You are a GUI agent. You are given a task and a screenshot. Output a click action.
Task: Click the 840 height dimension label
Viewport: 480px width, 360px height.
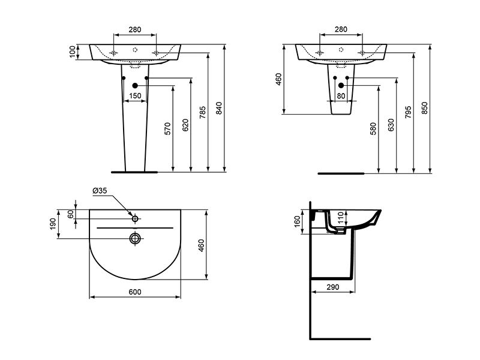218,109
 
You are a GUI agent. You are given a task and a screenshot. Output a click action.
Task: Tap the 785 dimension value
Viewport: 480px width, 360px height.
202,113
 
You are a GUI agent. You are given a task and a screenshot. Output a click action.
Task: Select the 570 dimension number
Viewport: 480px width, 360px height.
167,129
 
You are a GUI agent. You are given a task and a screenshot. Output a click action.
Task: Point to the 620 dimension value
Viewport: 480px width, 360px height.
185,125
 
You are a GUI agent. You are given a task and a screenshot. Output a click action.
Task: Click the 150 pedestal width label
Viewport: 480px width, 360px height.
135,96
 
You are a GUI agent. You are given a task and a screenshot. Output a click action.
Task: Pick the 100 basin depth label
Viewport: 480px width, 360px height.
72,52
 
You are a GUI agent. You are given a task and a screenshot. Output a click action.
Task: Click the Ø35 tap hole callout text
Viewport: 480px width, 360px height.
100,191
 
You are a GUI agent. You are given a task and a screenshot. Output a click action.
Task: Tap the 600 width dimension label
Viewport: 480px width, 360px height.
134,292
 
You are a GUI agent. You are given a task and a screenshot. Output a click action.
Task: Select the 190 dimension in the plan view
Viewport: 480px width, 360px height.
53,224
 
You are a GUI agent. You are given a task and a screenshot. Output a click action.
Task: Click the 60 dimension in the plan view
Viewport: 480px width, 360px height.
71,214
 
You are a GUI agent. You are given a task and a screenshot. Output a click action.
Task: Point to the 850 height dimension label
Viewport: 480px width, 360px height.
424,109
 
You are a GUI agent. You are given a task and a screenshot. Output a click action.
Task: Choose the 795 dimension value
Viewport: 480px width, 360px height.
408,113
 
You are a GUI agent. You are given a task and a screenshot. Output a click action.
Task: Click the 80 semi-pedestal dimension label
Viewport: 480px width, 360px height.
341,96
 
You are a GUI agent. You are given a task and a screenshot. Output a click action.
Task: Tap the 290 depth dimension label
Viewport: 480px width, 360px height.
333,287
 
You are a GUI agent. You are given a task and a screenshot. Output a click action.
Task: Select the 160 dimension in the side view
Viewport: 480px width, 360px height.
297,222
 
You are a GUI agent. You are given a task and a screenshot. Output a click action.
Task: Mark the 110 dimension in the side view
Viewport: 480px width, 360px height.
341,217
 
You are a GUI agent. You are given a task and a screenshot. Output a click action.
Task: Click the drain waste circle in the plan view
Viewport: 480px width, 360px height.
135,238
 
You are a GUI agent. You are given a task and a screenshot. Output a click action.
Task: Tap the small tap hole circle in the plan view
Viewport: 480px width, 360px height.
135,218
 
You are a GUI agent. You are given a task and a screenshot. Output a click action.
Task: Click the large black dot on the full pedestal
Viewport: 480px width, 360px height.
135,86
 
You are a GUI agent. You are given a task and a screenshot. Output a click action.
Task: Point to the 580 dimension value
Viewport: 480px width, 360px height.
373,129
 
